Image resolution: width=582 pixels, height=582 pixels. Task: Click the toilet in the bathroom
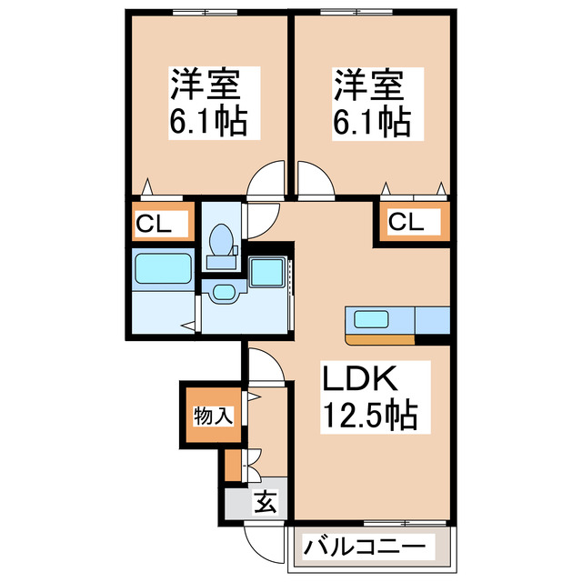[221, 242]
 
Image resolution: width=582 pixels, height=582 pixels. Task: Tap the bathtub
[163, 269]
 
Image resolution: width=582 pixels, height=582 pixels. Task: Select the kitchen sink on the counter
[371, 319]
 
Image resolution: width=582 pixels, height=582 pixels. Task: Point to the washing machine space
[268, 273]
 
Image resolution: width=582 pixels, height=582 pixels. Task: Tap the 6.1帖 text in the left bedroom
[208, 121]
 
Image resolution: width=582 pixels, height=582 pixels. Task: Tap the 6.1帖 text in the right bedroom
[369, 121]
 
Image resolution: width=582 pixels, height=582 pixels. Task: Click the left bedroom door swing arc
[267, 178]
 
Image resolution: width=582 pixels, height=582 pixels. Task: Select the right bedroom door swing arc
[315, 178]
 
